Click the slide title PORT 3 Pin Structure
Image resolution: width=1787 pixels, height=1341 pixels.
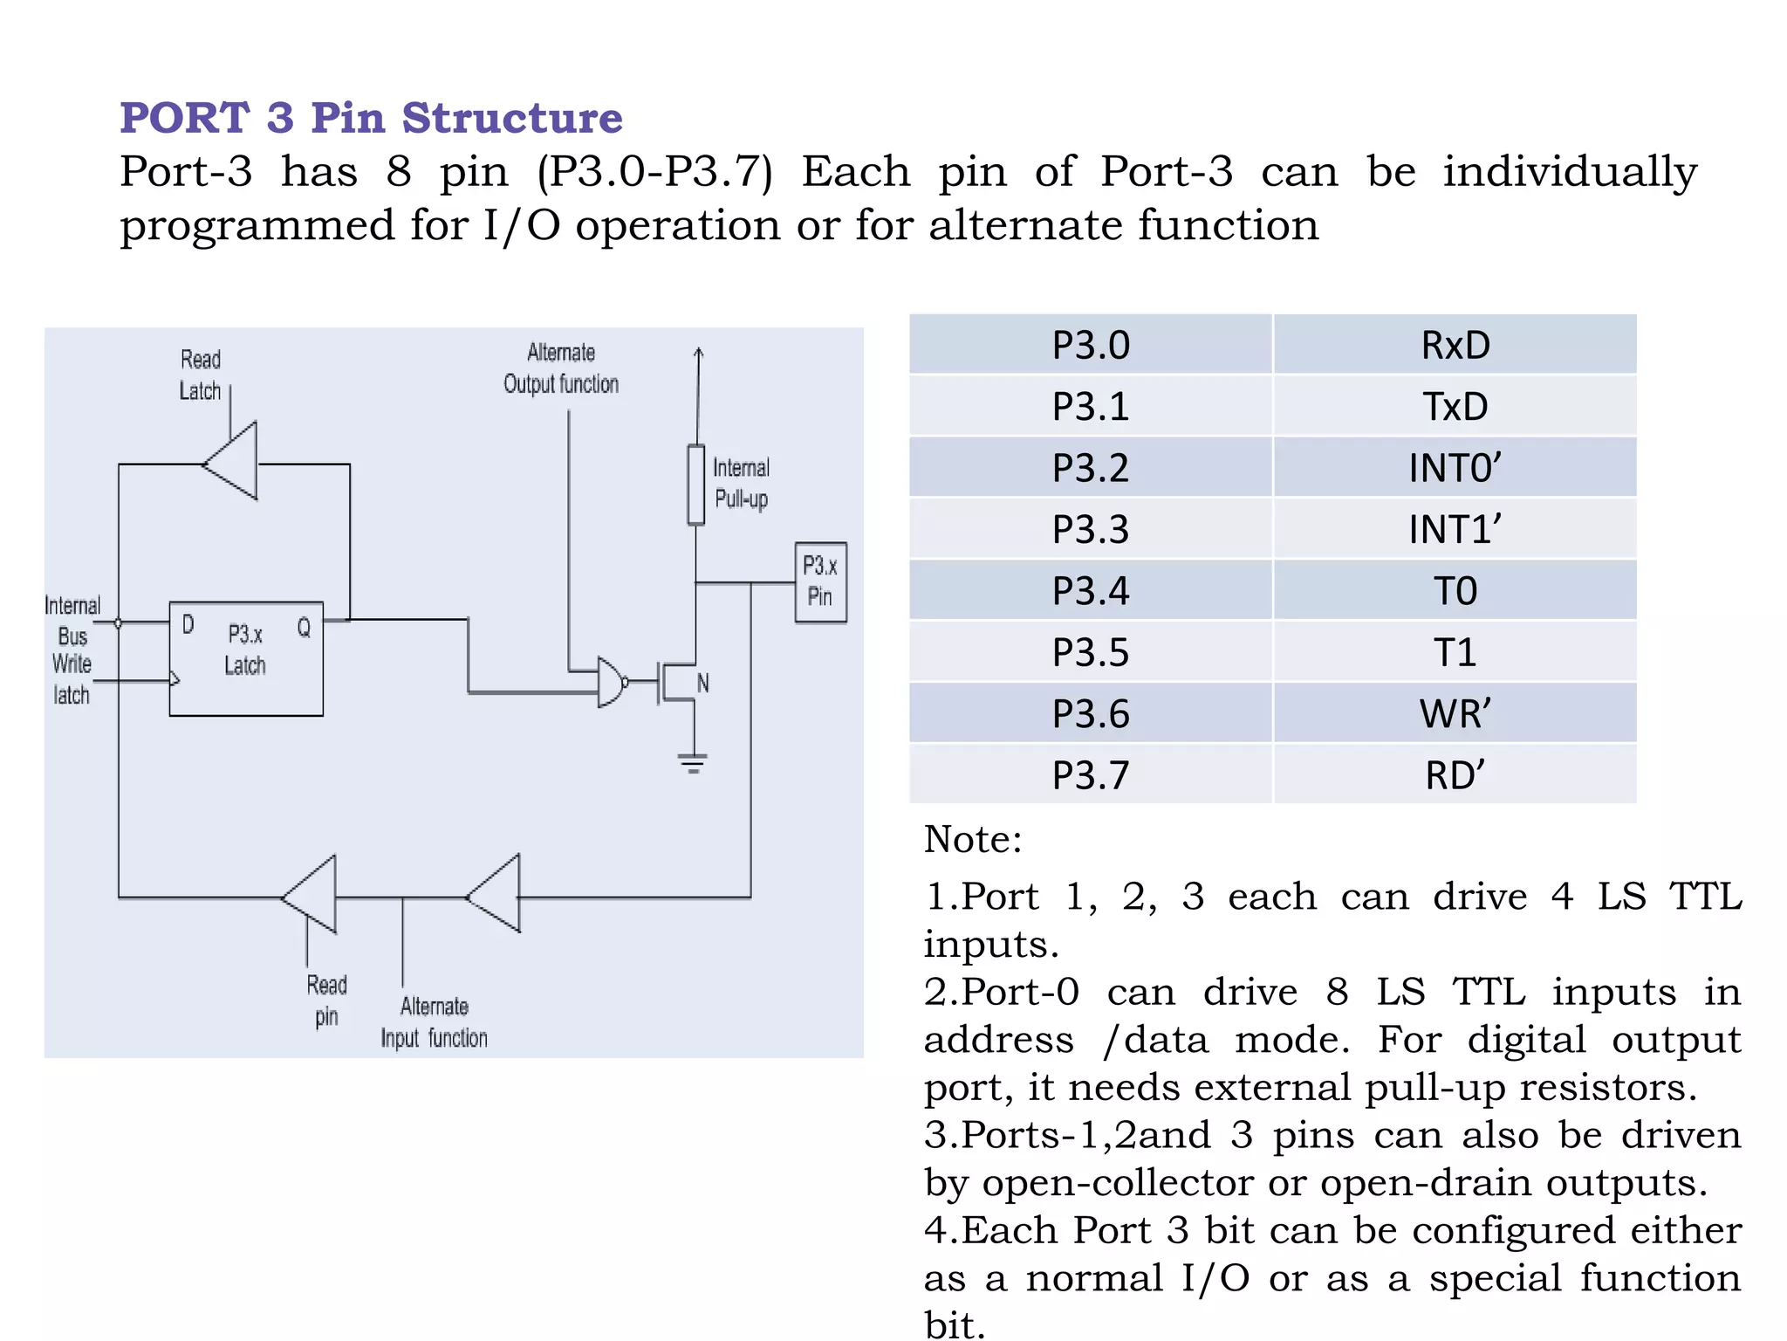(371, 118)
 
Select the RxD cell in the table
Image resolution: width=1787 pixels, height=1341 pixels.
(1455, 345)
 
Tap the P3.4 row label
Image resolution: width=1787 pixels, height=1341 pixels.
(1090, 591)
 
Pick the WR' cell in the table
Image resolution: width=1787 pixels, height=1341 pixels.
(1455, 714)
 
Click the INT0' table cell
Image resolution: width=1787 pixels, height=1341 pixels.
(1455, 468)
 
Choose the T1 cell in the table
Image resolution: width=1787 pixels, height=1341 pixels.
(1455, 652)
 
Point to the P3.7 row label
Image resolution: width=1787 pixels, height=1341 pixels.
(1090, 775)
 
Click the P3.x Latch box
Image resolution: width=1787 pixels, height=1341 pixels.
(246, 658)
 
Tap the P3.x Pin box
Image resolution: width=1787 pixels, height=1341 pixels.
(820, 581)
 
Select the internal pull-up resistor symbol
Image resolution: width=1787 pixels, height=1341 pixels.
(695, 485)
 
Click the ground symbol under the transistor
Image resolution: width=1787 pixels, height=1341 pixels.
(693, 764)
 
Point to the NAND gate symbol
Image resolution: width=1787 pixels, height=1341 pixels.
(612, 682)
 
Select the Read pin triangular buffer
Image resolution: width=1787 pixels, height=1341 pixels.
(312, 895)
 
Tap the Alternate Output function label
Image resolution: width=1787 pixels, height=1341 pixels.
(561, 368)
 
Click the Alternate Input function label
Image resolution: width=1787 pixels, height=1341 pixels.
(434, 1022)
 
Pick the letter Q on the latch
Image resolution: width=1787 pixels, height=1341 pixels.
(304, 627)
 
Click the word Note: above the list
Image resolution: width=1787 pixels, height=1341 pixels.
(972, 839)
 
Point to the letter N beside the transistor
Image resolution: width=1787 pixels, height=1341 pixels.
(703, 683)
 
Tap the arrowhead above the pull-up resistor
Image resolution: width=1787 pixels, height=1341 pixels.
(698, 354)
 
